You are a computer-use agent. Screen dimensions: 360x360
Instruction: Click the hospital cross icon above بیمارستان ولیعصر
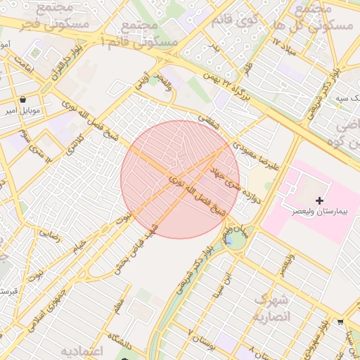pyautogui.click(x=320, y=200)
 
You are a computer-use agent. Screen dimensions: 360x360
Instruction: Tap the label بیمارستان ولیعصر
pyautogui.click(x=321, y=212)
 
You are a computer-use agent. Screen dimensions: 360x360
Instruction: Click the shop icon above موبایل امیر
pyautogui.click(x=24, y=99)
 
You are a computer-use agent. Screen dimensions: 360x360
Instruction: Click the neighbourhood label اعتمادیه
pyautogui.click(x=82, y=350)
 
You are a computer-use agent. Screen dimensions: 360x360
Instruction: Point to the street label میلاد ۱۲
pyautogui.click(x=285, y=49)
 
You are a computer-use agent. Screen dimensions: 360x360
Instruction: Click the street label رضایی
pyautogui.click(x=50, y=233)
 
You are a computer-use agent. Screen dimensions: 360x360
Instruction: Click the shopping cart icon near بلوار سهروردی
pyautogui.click(x=341, y=321)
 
